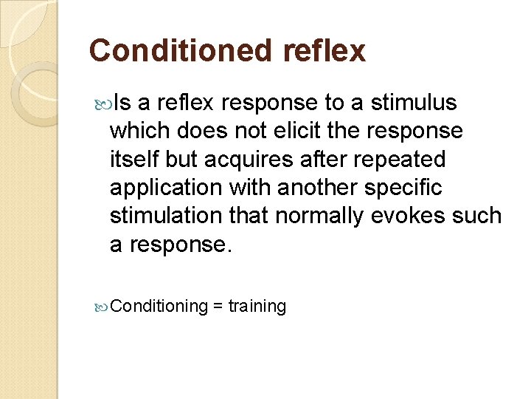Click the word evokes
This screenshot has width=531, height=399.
(425, 216)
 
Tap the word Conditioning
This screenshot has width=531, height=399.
(161, 306)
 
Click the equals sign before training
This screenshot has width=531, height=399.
(218, 306)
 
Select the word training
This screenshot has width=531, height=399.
(257, 306)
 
